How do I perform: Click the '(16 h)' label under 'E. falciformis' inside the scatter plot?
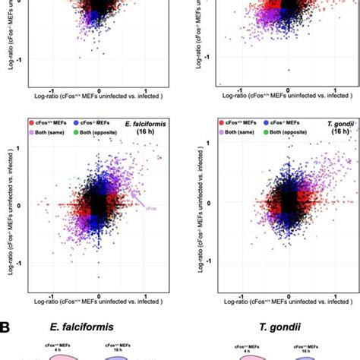coord(152,132)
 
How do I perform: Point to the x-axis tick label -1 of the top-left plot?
coord(50,86)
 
